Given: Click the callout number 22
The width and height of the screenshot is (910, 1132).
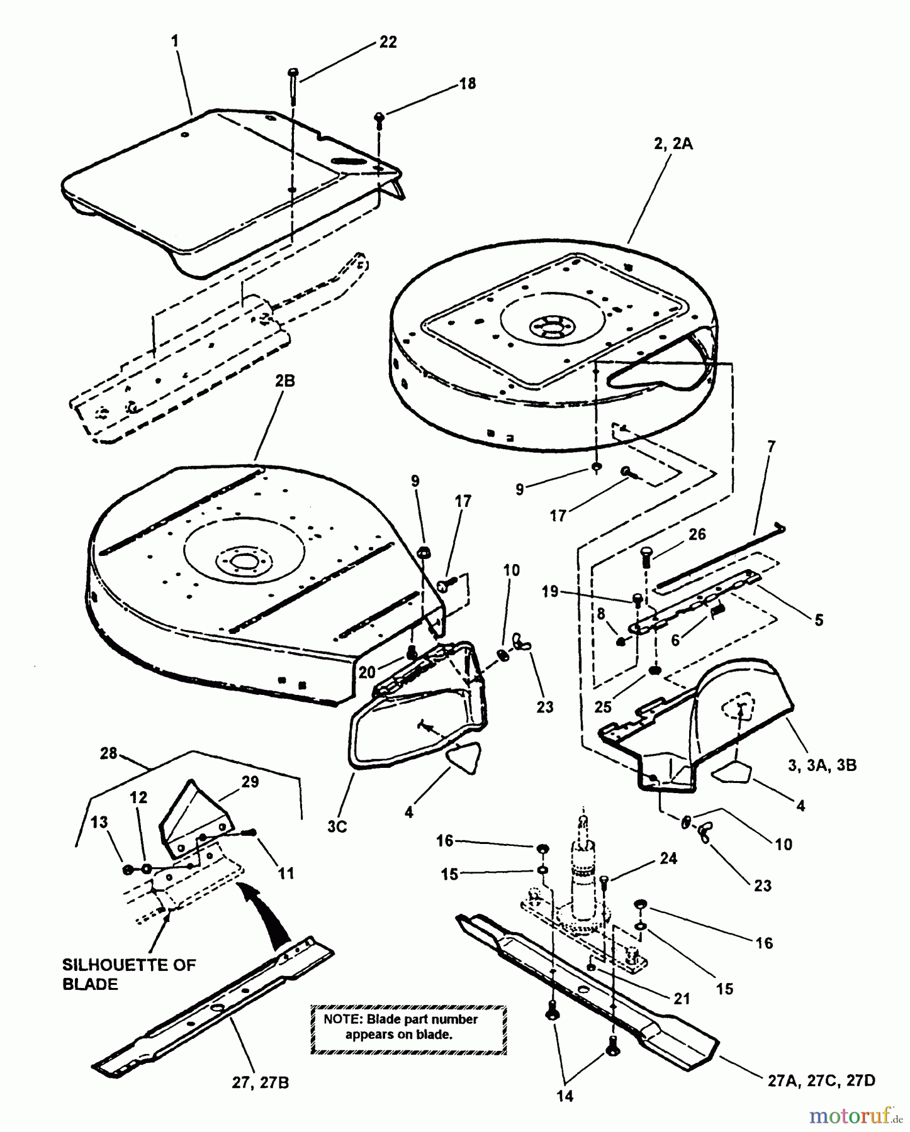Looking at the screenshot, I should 388,42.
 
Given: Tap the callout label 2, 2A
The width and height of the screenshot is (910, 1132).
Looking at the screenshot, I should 673,144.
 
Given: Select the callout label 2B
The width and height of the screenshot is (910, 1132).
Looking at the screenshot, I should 284,381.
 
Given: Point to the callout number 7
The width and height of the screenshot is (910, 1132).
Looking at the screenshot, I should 771,447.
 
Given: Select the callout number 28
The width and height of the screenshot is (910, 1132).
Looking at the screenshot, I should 109,753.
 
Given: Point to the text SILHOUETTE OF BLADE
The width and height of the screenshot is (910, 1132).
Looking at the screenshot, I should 129,974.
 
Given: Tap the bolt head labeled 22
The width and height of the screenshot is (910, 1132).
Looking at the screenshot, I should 294,72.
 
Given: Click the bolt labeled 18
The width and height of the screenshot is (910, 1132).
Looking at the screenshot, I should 379,117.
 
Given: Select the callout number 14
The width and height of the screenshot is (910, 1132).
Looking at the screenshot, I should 565,1096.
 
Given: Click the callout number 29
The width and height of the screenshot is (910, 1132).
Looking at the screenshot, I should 232,782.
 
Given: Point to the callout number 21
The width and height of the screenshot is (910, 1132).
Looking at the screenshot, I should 682,998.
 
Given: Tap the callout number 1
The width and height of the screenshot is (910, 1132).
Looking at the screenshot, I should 175,42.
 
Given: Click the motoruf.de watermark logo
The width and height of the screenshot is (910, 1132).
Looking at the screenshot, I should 855,1116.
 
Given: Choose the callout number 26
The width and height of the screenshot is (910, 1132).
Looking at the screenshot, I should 697,535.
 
